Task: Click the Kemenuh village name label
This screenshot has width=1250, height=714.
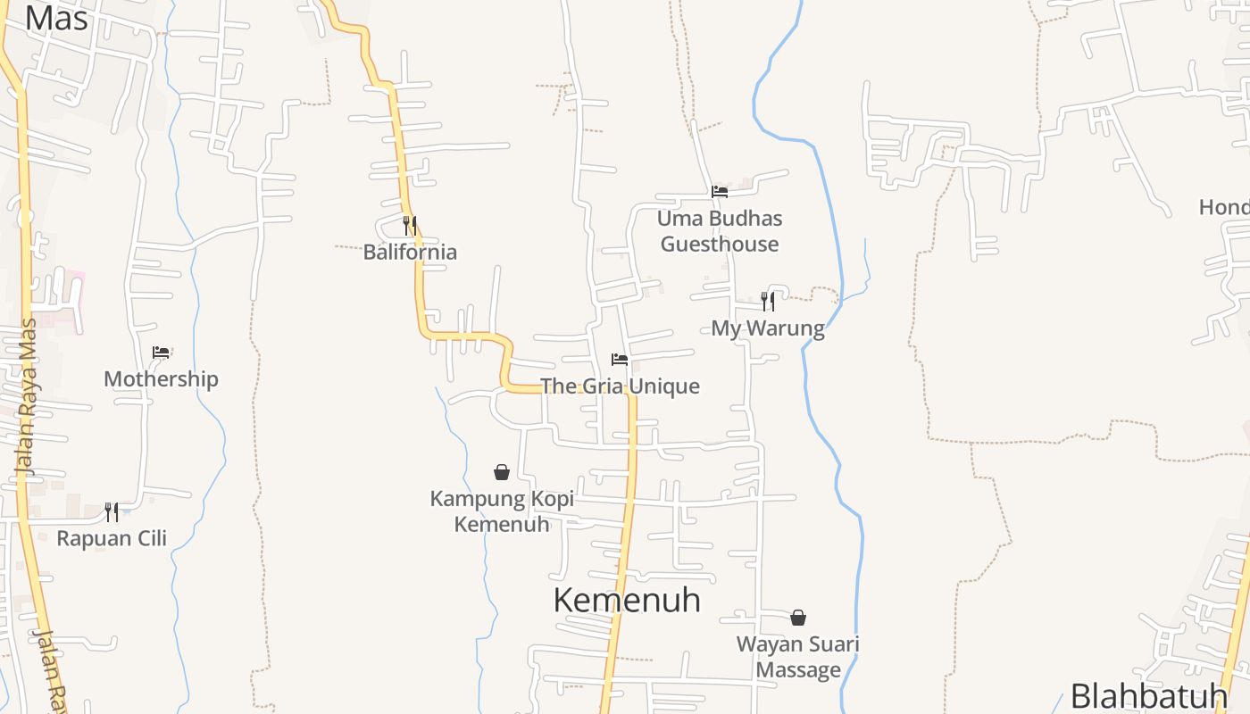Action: tap(627, 600)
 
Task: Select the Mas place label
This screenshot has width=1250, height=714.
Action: tap(55, 18)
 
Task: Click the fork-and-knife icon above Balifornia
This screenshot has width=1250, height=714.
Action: tap(410, 225)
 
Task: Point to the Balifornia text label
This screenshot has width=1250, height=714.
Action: tap(410, 252)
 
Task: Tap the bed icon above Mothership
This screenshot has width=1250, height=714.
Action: tap(161, 353)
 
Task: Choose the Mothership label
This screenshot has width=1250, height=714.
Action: tap(161, 379)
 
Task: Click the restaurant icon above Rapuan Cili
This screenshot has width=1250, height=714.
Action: tap(112, 511)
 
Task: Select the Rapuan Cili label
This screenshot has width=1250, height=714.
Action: tap(112, 538)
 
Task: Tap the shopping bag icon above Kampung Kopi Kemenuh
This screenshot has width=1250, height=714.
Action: tap(502, 472)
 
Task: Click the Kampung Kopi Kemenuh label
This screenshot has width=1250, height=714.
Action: tap(502, 511)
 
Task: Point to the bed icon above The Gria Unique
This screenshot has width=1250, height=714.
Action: tap(620, 360)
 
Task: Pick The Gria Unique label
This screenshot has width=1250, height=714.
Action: tap(620, 386)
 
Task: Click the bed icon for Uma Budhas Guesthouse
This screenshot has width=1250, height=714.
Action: tap(720, 192)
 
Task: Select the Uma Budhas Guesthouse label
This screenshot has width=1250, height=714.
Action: tap(720, 231)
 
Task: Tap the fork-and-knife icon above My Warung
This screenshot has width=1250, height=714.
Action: tap(767, 301)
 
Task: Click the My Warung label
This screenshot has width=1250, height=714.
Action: tap(767, 328)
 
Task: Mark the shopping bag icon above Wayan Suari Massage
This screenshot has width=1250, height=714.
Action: tap(798, 618)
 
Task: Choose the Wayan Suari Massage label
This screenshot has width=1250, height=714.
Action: tap(798, 657)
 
